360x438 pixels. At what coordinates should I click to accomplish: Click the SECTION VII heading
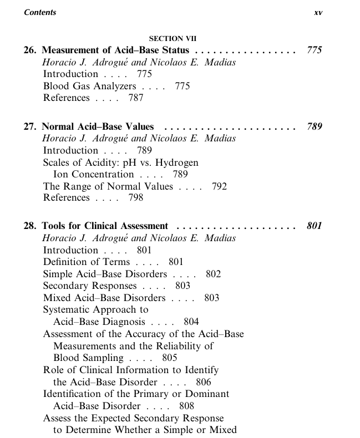click(x=173, y=39)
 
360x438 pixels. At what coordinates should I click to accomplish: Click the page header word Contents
click(x=40, y=12)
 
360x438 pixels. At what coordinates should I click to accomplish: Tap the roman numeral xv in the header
click(x=318, y=13)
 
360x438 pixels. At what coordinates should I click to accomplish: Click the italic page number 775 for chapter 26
click(x=314, y=50)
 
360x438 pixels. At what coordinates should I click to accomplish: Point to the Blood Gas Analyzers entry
click(x=89, y=86)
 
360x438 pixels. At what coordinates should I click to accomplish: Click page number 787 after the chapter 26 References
click(x=135, y=98)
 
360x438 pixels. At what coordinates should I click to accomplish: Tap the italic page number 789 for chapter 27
click(x=314, y=126)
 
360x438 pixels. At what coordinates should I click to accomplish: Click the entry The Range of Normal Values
click(x=108, y=186)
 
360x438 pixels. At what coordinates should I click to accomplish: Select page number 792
click(x=219, y=186)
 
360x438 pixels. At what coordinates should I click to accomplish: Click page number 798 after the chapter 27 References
click(x=135, y=198)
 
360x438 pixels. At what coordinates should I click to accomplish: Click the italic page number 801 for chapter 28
click(x=314, y=226)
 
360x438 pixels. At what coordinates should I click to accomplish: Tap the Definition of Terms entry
click(x=86, y=262)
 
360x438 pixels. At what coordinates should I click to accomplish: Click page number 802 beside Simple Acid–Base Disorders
click(x=213, y=274)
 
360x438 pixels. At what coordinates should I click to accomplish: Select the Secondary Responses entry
click(x=89, y=286)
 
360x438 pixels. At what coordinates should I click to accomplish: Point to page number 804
click(x=191, y=322)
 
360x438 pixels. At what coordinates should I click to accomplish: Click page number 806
click(x=204, y=381)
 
